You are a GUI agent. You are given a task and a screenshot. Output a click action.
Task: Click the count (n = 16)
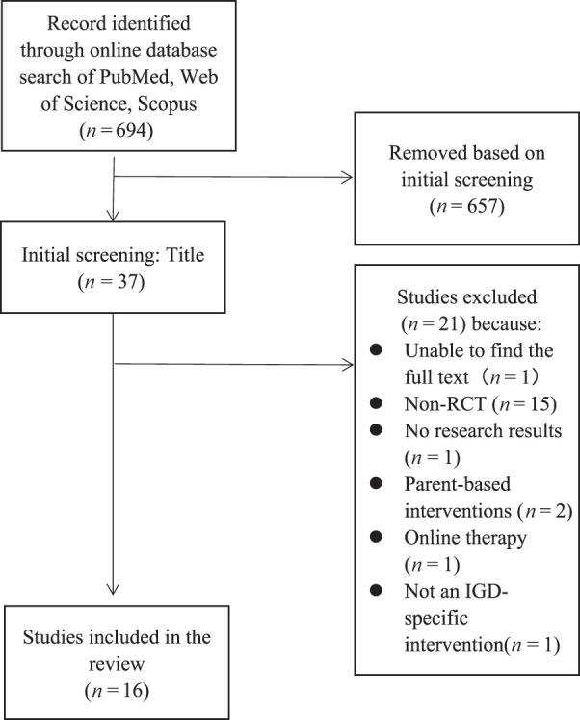click(115, 688)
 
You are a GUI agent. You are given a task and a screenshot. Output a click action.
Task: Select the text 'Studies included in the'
click(115, 638)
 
